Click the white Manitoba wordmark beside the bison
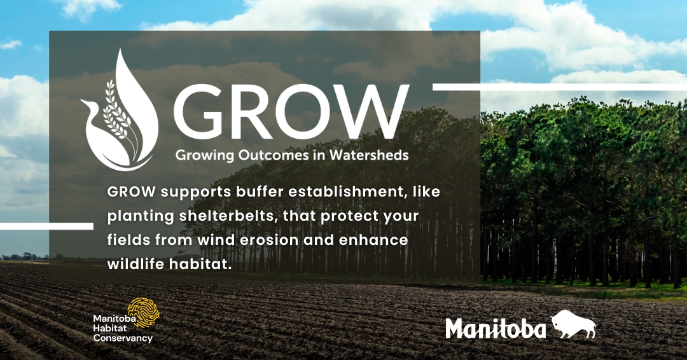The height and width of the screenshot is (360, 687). (x=496, y=328)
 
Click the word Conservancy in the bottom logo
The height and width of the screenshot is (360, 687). (x=123, y=338)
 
